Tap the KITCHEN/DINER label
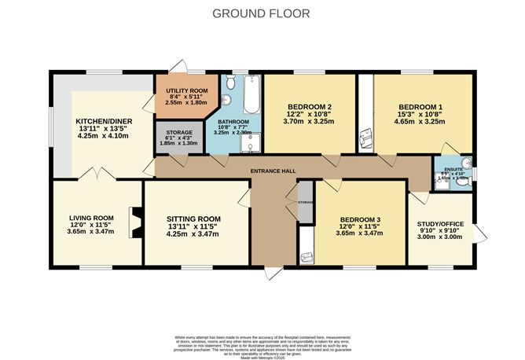pyautogui.click(x=104, y=122)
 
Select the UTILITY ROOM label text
pyautogui.click(x=180, y=91)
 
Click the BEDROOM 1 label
pyautogui.click(x=420, y=106)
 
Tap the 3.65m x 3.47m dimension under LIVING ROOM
pyautogui.click(x=90, y=232)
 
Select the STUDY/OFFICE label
pyautogui.click(x=440, y=224)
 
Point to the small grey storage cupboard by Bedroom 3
pyautogui.click(x=304, y=201)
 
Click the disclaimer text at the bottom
pyautogui.click(x=262, y=343)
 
